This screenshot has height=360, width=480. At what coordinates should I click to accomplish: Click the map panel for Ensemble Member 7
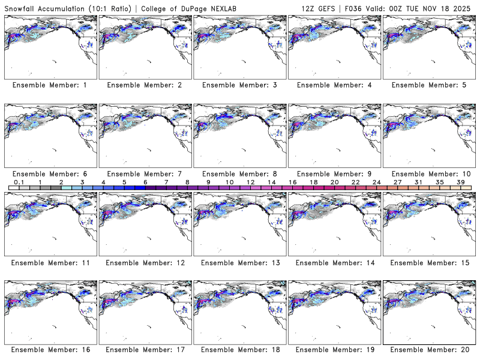(x=145, y=136)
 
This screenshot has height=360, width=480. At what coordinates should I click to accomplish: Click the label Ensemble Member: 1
(x=50, y=85)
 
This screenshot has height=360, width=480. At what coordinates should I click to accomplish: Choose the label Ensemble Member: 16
(x=50, y=350)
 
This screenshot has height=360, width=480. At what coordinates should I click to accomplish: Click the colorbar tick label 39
(x=460, y=182)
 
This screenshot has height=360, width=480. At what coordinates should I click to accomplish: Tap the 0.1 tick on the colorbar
(x=19, y=182)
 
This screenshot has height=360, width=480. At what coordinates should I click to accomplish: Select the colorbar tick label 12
(x=250, y=182)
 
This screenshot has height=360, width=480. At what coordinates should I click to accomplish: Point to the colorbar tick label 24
(x=376, y=182)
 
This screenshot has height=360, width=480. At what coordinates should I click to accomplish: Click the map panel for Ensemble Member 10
(x=429, y=136)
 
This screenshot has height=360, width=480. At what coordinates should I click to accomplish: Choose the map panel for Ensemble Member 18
(x=240, y=312)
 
